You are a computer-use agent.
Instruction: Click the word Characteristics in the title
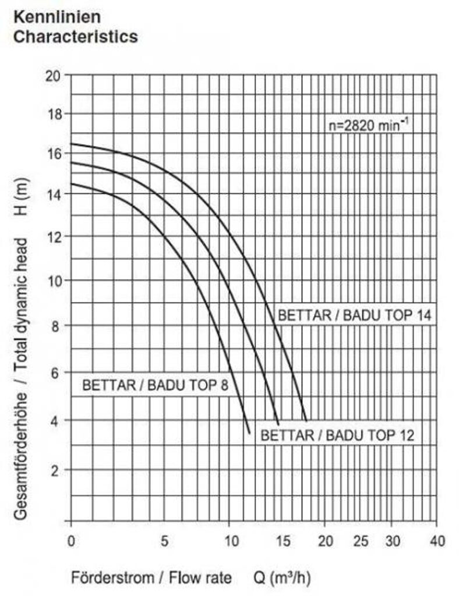(x=75, y=37)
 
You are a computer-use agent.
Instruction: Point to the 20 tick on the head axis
(x=54, y=76)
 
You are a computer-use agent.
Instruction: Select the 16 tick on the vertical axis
(x=54, y=154)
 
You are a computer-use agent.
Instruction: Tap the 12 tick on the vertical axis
(x=54, y=237)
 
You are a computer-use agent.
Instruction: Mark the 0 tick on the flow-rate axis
(x=70, y=541)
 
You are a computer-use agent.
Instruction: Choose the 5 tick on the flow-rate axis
(x=165, y=541)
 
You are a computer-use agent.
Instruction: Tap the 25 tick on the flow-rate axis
(x=361, y=541)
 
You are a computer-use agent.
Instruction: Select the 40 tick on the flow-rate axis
(x=436, y=541)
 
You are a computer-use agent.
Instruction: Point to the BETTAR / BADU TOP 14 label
(x=354, y=316)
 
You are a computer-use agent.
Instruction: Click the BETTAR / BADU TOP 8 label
(x=155, y=385)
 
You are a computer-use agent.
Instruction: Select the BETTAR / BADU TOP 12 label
(x=337, y=435)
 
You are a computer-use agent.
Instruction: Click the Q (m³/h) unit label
(x=282, y=579)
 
